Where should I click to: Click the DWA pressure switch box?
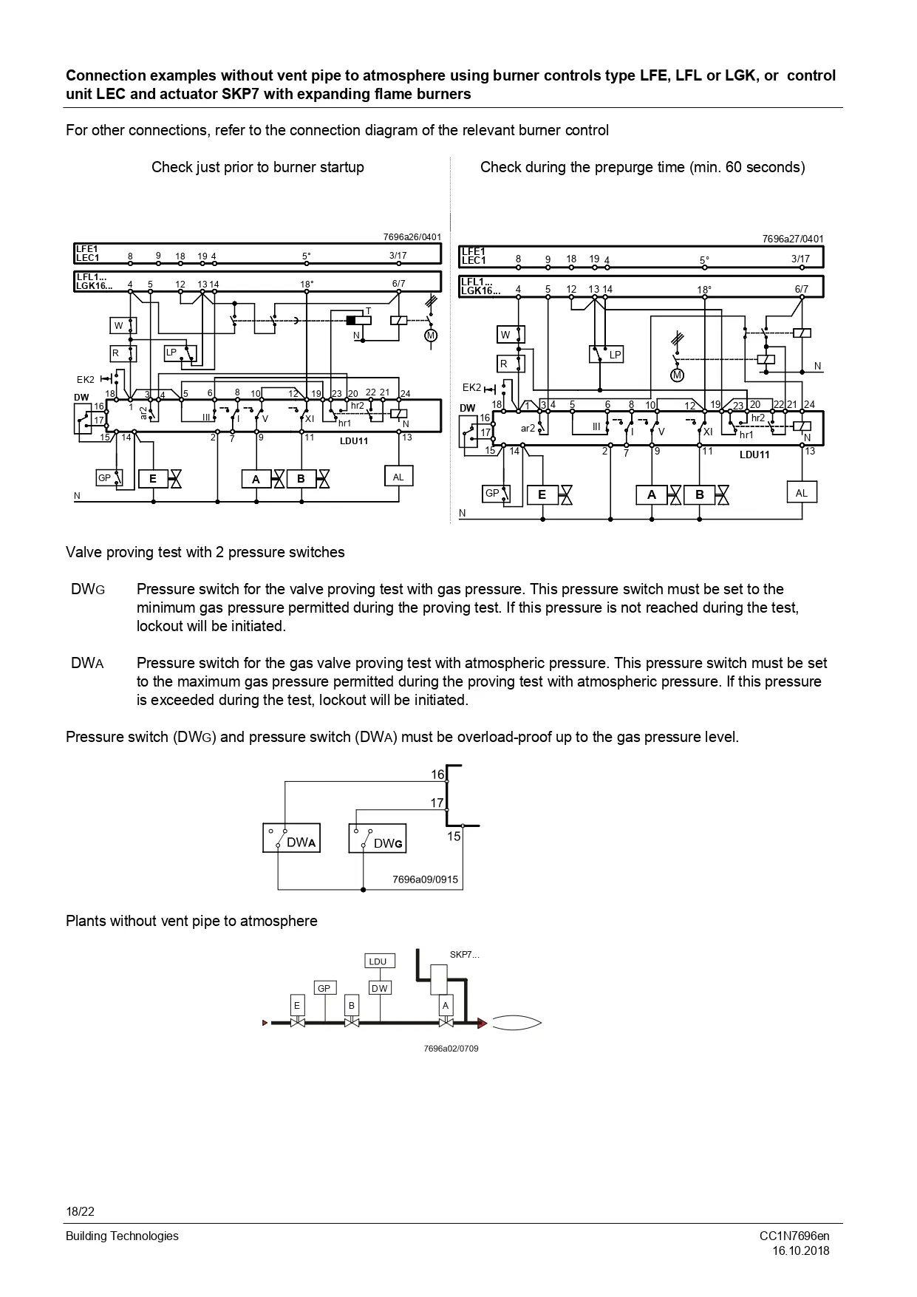point(291,838)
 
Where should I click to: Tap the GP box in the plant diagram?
point(324,988)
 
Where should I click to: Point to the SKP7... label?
point(464,955)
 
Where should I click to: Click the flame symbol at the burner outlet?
point(517,1023)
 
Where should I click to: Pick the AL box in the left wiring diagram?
point(398,477)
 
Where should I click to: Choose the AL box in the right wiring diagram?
point(802,493)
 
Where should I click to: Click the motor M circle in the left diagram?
point(431,336)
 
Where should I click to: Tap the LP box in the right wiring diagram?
point(606,355)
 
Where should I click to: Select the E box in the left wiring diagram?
point(153,479)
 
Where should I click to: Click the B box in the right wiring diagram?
point(699,494)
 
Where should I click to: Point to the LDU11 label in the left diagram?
point(354,441)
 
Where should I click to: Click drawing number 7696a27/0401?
point(792,239)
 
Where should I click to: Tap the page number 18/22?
point(80,1211)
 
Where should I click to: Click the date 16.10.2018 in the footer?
point(801,1250)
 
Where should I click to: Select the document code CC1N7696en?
point(794,1236)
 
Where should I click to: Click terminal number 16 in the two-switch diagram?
point(437,775)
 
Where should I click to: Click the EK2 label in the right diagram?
point(471,387)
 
